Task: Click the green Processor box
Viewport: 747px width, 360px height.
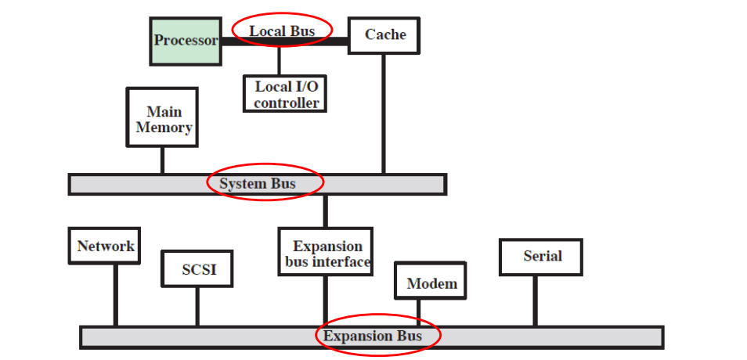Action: (185, 41)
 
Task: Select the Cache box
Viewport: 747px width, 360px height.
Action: (384, 35)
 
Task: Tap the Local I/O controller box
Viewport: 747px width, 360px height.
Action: (285, 94)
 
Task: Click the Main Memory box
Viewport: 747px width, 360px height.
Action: (162, 117)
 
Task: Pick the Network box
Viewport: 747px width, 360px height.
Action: (105, 247)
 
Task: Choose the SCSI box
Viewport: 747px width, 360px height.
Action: (198, 270)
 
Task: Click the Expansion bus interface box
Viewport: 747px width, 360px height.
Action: (326, 252)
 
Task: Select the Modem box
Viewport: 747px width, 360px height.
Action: (431, 282)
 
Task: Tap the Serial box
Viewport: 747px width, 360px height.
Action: (542, 257)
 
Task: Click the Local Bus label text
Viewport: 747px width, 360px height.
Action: (282, 31)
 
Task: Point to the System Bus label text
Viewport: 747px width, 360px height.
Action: (258, 184)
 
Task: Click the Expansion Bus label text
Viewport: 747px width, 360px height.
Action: (373, 337)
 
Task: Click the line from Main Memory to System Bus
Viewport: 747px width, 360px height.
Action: (162, 160)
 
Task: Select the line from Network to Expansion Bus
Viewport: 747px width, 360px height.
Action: (115, 296)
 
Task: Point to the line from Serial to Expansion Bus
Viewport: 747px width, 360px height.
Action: (536, 301)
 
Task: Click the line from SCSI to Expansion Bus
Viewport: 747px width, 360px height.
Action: (197, 307)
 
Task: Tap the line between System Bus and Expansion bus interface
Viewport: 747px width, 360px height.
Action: (326, 211)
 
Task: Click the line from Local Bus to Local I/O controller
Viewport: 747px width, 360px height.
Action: (279, 61)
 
